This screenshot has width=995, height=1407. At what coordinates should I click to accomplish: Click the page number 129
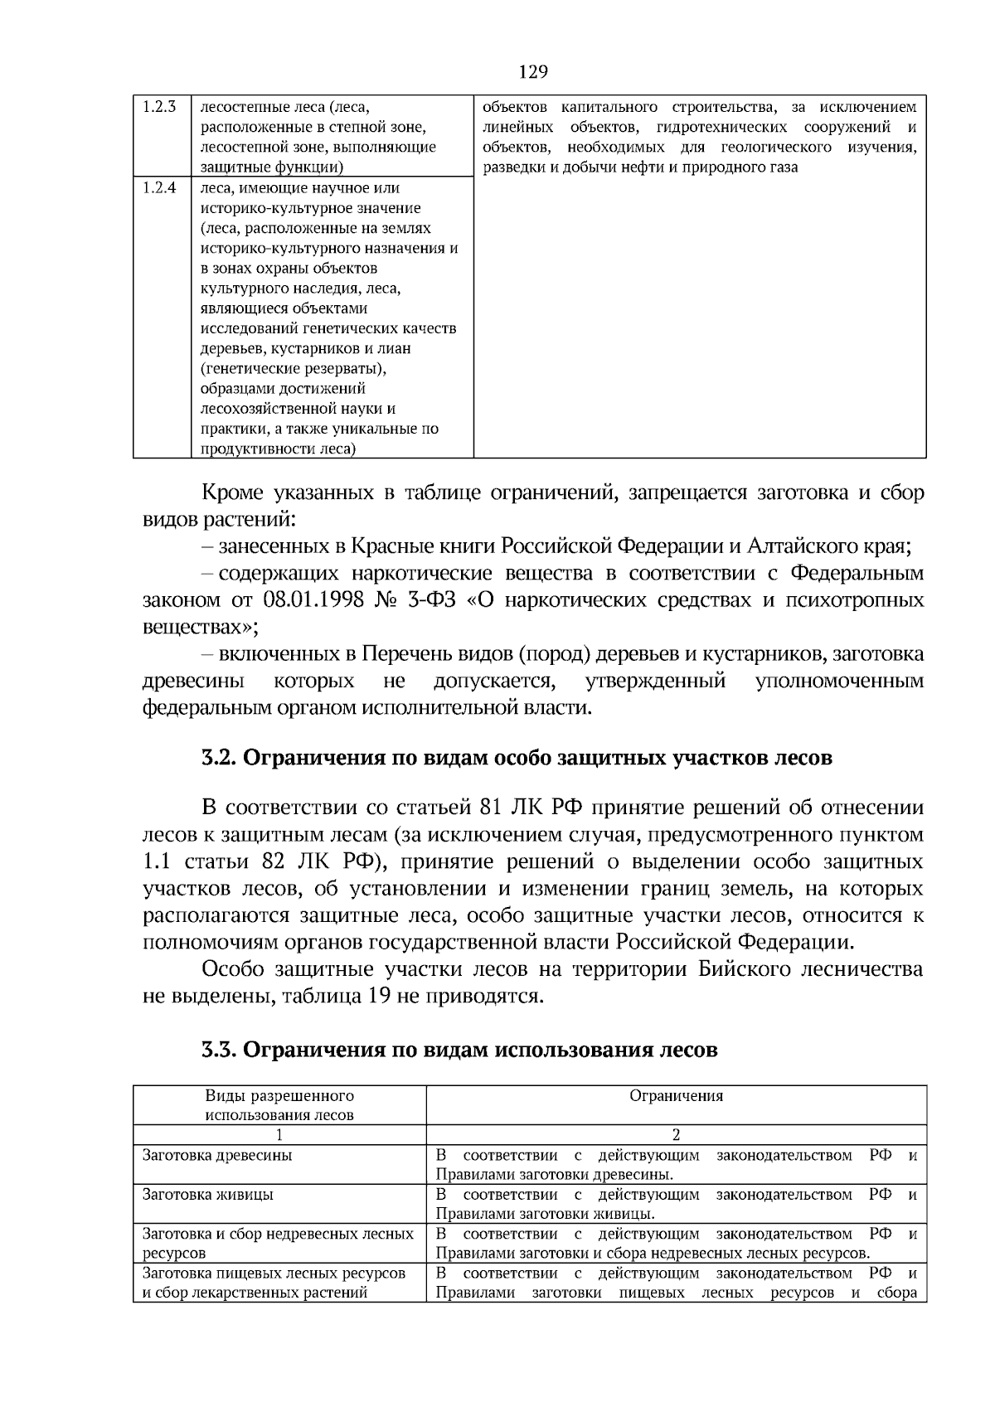[x=533, y=72]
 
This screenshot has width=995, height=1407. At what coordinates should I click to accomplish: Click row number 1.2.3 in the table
[x=159, y=107]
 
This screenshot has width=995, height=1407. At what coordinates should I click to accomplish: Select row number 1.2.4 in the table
[x=159, y=187]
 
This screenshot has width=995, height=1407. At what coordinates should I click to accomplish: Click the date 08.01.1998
[x=314, y=600]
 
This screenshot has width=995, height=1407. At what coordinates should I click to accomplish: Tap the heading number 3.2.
[x=220, y=759]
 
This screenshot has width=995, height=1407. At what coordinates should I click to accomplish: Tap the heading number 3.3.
[x=220, y=1050]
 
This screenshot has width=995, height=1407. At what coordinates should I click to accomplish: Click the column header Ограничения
[x=676, y=1096]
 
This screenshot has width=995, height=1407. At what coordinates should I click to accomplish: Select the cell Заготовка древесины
[x=217, y=1155]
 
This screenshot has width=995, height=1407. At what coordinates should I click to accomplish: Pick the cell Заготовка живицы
[x=208, y=1195]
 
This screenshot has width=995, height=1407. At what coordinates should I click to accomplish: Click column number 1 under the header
[x=279, y=1135]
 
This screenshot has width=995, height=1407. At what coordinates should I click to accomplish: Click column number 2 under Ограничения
[x=676, y=1135]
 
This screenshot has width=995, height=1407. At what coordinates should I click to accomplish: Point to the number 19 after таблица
[x=375, y=996]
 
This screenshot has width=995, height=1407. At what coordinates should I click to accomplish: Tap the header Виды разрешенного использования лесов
[x=279, y=1105]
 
